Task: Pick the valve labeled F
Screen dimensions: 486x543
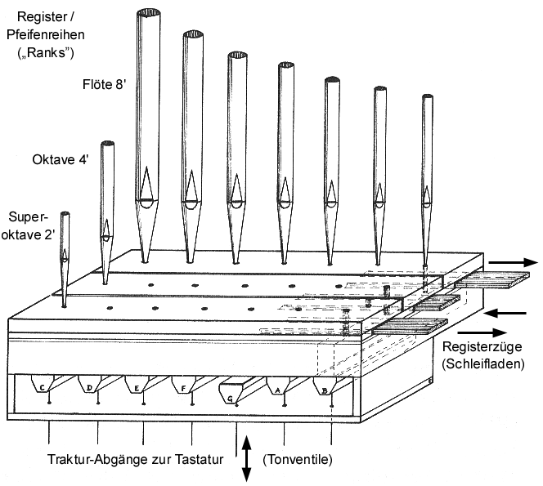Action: (x=186, y=386)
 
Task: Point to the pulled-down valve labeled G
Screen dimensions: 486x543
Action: (x=236, y=395)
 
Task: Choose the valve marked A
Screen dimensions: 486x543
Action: (x=282, y=387)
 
